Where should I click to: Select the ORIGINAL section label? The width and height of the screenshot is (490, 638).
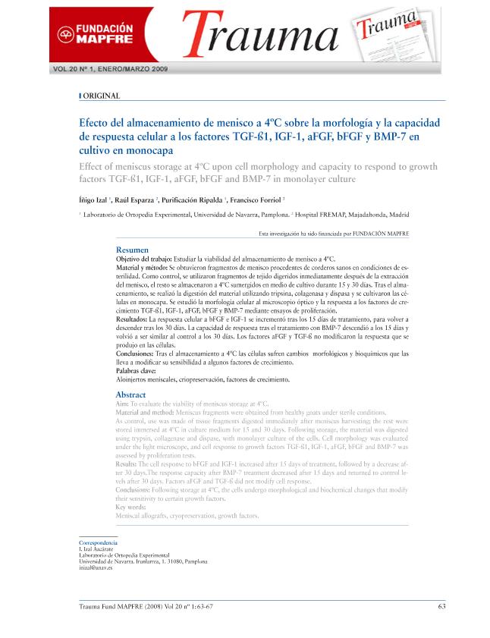click(x=101, y=96)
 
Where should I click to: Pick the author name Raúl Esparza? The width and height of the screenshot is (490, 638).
click(x=137, y=200)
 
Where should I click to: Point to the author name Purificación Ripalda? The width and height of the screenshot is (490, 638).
click(x=193, y=200)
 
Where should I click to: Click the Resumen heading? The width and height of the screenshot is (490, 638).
click(x=132, y=250)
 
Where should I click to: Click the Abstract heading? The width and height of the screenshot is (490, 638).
click(x=130, y=395)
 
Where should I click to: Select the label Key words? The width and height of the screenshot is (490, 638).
click(x=131, y=507)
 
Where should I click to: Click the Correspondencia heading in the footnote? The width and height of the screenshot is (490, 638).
click(x=98, y=544)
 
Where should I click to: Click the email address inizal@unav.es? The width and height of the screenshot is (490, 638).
click(x=96, y=567)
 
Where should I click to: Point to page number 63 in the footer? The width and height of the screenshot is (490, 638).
click(x=441, y=605)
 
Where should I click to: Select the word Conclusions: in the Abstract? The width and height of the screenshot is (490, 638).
click(x=137, y=490)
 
